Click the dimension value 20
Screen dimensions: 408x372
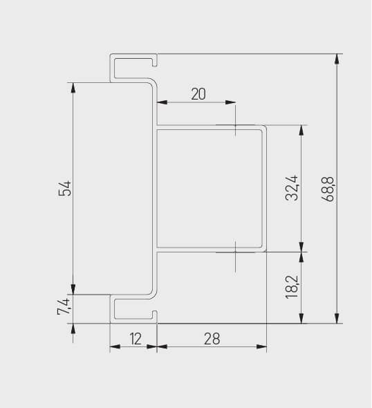pyautogui.click(x=198, y=94)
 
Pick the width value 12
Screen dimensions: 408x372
pyautogui.click(x=135, y=339)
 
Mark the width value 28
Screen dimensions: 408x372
pyautogui.click(x=212, y=339)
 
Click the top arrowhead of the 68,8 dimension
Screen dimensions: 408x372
pyautogui.click(x=337, y=59)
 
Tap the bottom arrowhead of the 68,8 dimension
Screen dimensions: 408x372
pyautogui.click(x=337, y=318)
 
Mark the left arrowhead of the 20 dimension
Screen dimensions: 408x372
pyautogui.click(x=162, y=104)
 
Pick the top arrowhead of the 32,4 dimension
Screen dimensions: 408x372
pyautogui.click(x=301, y=130)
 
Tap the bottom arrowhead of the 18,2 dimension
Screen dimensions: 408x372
pyautogui.click(x=301, y=318)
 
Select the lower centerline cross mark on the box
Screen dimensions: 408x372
pyautogui.click(x=235, y=252)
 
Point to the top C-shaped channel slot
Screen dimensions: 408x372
pyautogui.click(x=131, y=68)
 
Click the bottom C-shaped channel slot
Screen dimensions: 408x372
pyautogui.click(x=131, y=308)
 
